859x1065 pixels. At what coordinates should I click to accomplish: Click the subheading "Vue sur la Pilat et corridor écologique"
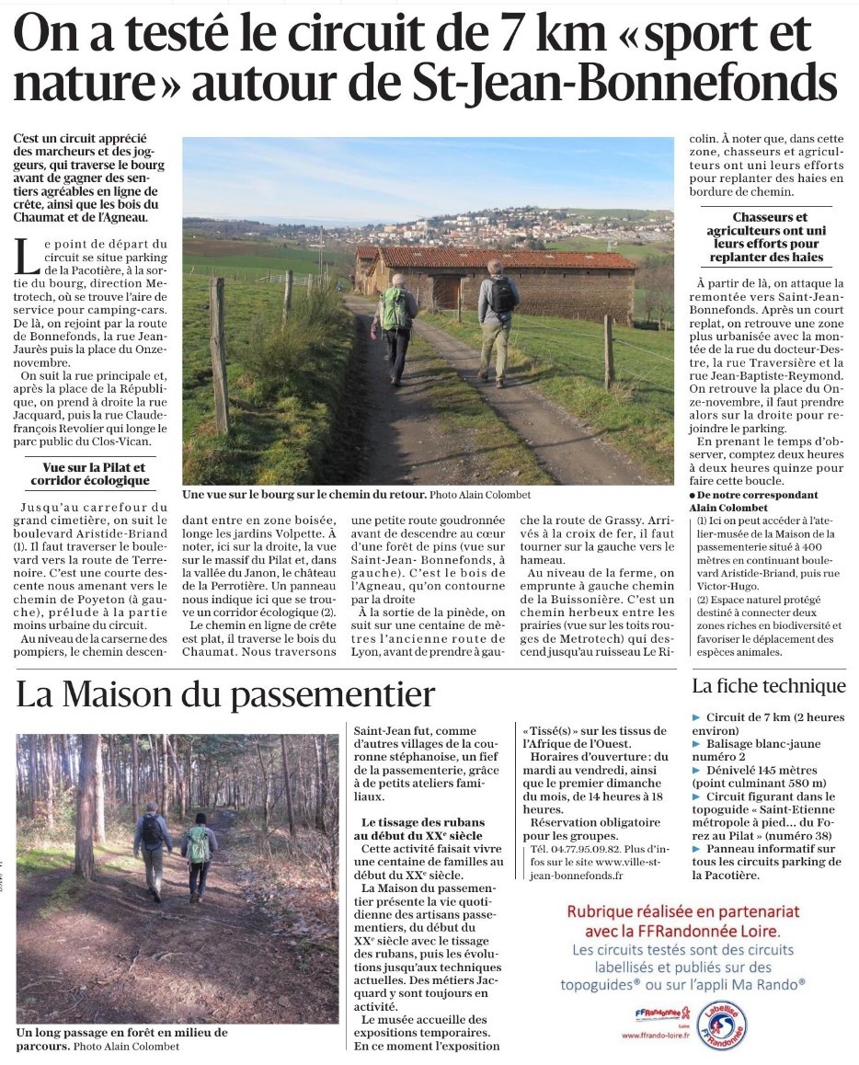click(x=90, y=474)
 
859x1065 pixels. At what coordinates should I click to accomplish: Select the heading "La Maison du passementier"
click(x=224, y=694)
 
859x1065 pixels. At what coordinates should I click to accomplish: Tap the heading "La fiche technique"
click(x=768, y=686)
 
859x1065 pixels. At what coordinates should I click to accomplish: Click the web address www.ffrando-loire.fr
click(x=656, y=1035)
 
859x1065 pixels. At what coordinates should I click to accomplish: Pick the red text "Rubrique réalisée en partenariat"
click(x=682, y=911)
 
